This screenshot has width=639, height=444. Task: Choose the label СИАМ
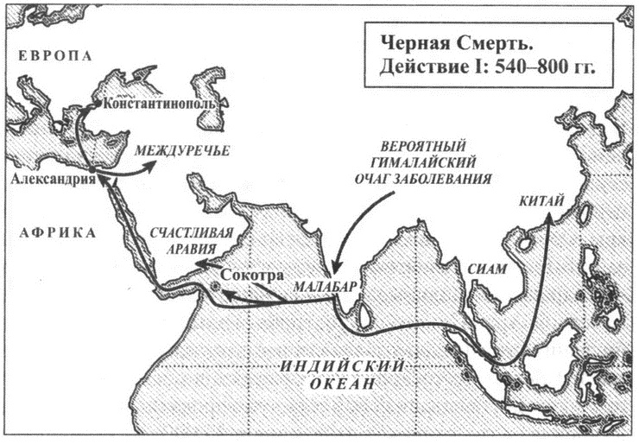pos(481,269)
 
